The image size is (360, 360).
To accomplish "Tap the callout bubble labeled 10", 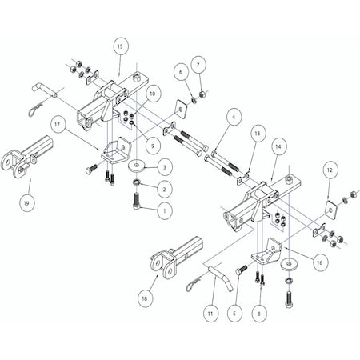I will (x=152, y=94).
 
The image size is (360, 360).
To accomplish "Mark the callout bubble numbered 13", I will (x=257, y=132).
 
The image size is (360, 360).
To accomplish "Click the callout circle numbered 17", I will (x=58, y=124).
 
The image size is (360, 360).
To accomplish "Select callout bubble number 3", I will (x=163, y=167).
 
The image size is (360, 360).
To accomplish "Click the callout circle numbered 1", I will (x=163, y=211).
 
